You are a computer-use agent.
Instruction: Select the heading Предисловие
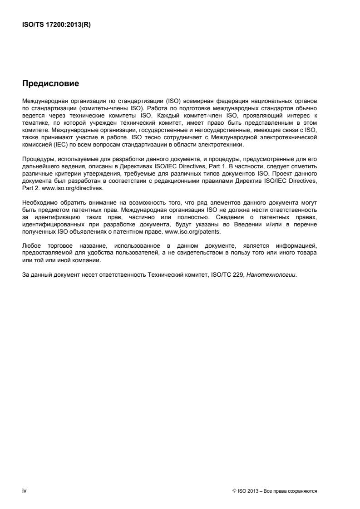(50, 83)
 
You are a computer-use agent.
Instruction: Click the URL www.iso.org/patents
(198, 231)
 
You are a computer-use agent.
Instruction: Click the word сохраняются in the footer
(305, 491)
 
